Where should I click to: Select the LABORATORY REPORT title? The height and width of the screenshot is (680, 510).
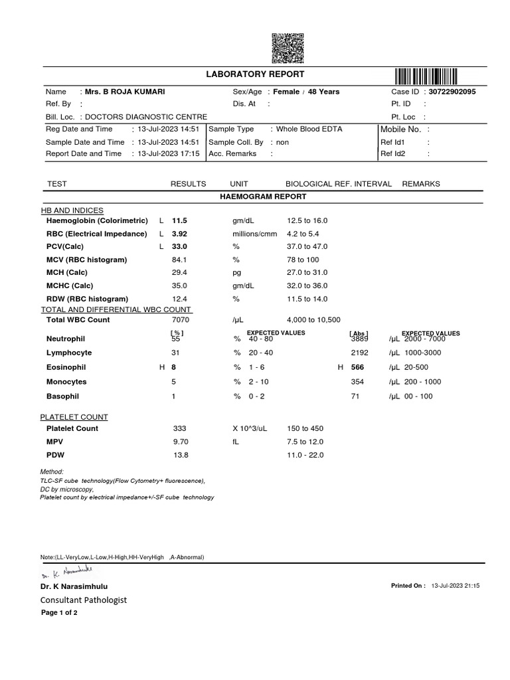click(x=255, y=74)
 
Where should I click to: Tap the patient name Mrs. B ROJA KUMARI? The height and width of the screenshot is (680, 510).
click(x=123, y=92)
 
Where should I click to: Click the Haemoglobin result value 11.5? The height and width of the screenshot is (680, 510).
click(x=180, y=220)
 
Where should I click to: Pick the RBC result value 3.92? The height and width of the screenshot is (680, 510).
click(x=180, y=234)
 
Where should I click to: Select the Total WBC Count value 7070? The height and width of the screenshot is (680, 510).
click(x=181, y=319)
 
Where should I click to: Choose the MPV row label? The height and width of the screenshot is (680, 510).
click(x=54, y=442)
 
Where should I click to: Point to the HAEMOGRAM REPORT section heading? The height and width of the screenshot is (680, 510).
click(x=263, y=197)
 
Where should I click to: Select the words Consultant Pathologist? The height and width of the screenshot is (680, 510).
click(x=84, y=600)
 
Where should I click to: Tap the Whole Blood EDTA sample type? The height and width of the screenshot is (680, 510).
click(x=309, y=129)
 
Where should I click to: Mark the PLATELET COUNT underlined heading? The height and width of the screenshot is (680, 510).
click(x=74, y=417)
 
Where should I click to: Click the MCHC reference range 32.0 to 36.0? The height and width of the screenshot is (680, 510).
click(x=307, y=286)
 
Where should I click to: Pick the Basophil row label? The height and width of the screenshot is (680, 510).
click(x=62, y=396)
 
